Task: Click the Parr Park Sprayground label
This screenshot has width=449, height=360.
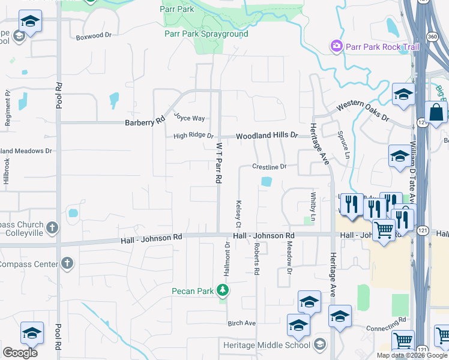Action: [206, 34]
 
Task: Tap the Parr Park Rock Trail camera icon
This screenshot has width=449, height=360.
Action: [336, 46]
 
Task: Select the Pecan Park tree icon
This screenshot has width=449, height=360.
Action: [223, 291]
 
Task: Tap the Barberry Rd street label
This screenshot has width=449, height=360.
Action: [145, 122]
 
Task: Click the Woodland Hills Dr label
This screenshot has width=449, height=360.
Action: [267, 136]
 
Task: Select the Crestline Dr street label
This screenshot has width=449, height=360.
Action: [270, 166]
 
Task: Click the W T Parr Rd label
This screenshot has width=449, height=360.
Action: [220, 163]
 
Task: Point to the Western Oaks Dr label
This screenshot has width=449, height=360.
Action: [362, 112]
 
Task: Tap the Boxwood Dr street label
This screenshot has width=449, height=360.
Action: [94, 37]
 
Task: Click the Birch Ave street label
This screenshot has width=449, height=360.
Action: [241, 323]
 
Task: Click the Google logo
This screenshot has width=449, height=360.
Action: [20, 353]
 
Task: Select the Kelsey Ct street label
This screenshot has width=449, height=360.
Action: [238, 214]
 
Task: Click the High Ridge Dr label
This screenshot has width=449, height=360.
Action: [193, 136]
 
